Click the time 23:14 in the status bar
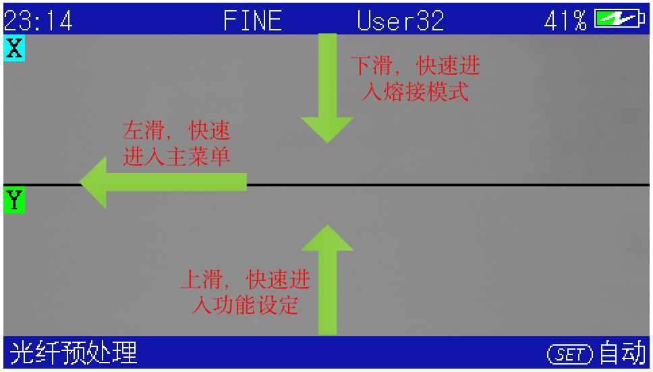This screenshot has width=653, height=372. coord(38,21)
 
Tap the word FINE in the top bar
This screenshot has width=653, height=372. coord(253,21)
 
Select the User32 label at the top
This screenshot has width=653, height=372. coord(401,21)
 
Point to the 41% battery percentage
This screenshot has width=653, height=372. coord(565,21)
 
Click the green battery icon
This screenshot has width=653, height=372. coord(619,19)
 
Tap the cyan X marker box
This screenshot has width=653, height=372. coord(14,49)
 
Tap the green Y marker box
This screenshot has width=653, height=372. coord(14,201)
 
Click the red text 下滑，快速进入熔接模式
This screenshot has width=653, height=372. coord(415,78)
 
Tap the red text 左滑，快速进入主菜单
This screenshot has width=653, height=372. coord(177,143)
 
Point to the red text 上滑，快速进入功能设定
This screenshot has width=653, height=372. coord(246,292)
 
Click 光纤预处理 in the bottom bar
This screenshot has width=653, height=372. coord(74,353)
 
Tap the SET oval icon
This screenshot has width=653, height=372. coord(570,353)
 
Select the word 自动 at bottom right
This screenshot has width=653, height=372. coord(622,353)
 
